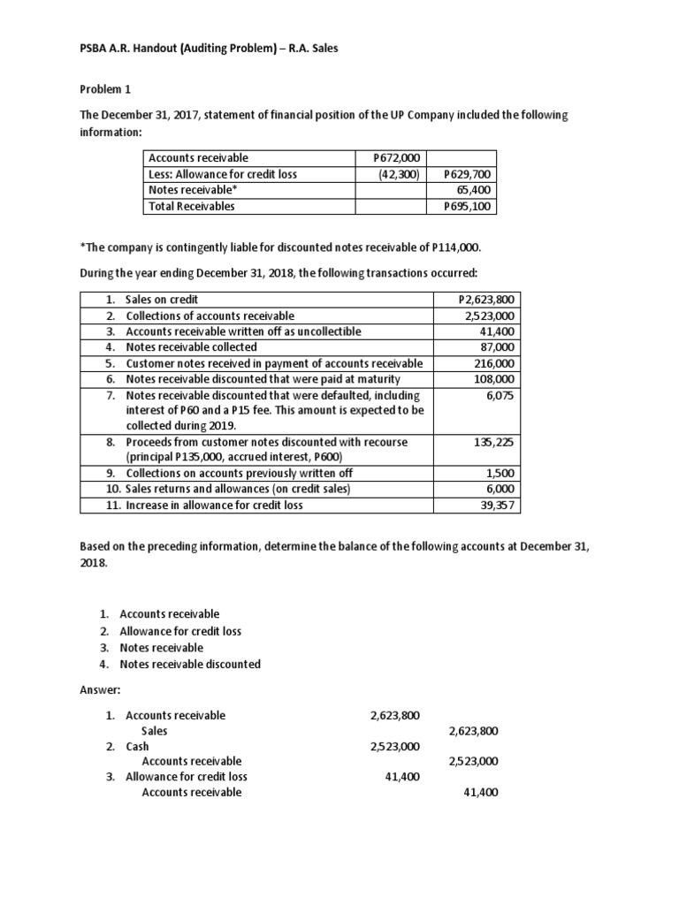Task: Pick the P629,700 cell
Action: click(x=468, y=174)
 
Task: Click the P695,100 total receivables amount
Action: click(x=468, y=207)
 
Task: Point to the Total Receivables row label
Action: click(x=191, y=207)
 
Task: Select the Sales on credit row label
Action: click(x=163, y=300)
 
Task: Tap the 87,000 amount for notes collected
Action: click(x=498, y=347)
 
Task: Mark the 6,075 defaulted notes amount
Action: click(x=500, y=395)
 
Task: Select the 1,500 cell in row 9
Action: click(x=502, y=474)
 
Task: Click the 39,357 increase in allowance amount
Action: click(x=498, y=506)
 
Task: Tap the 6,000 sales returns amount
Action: click(x=502, y=490)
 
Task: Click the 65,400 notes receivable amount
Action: click(x=473, y=190)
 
